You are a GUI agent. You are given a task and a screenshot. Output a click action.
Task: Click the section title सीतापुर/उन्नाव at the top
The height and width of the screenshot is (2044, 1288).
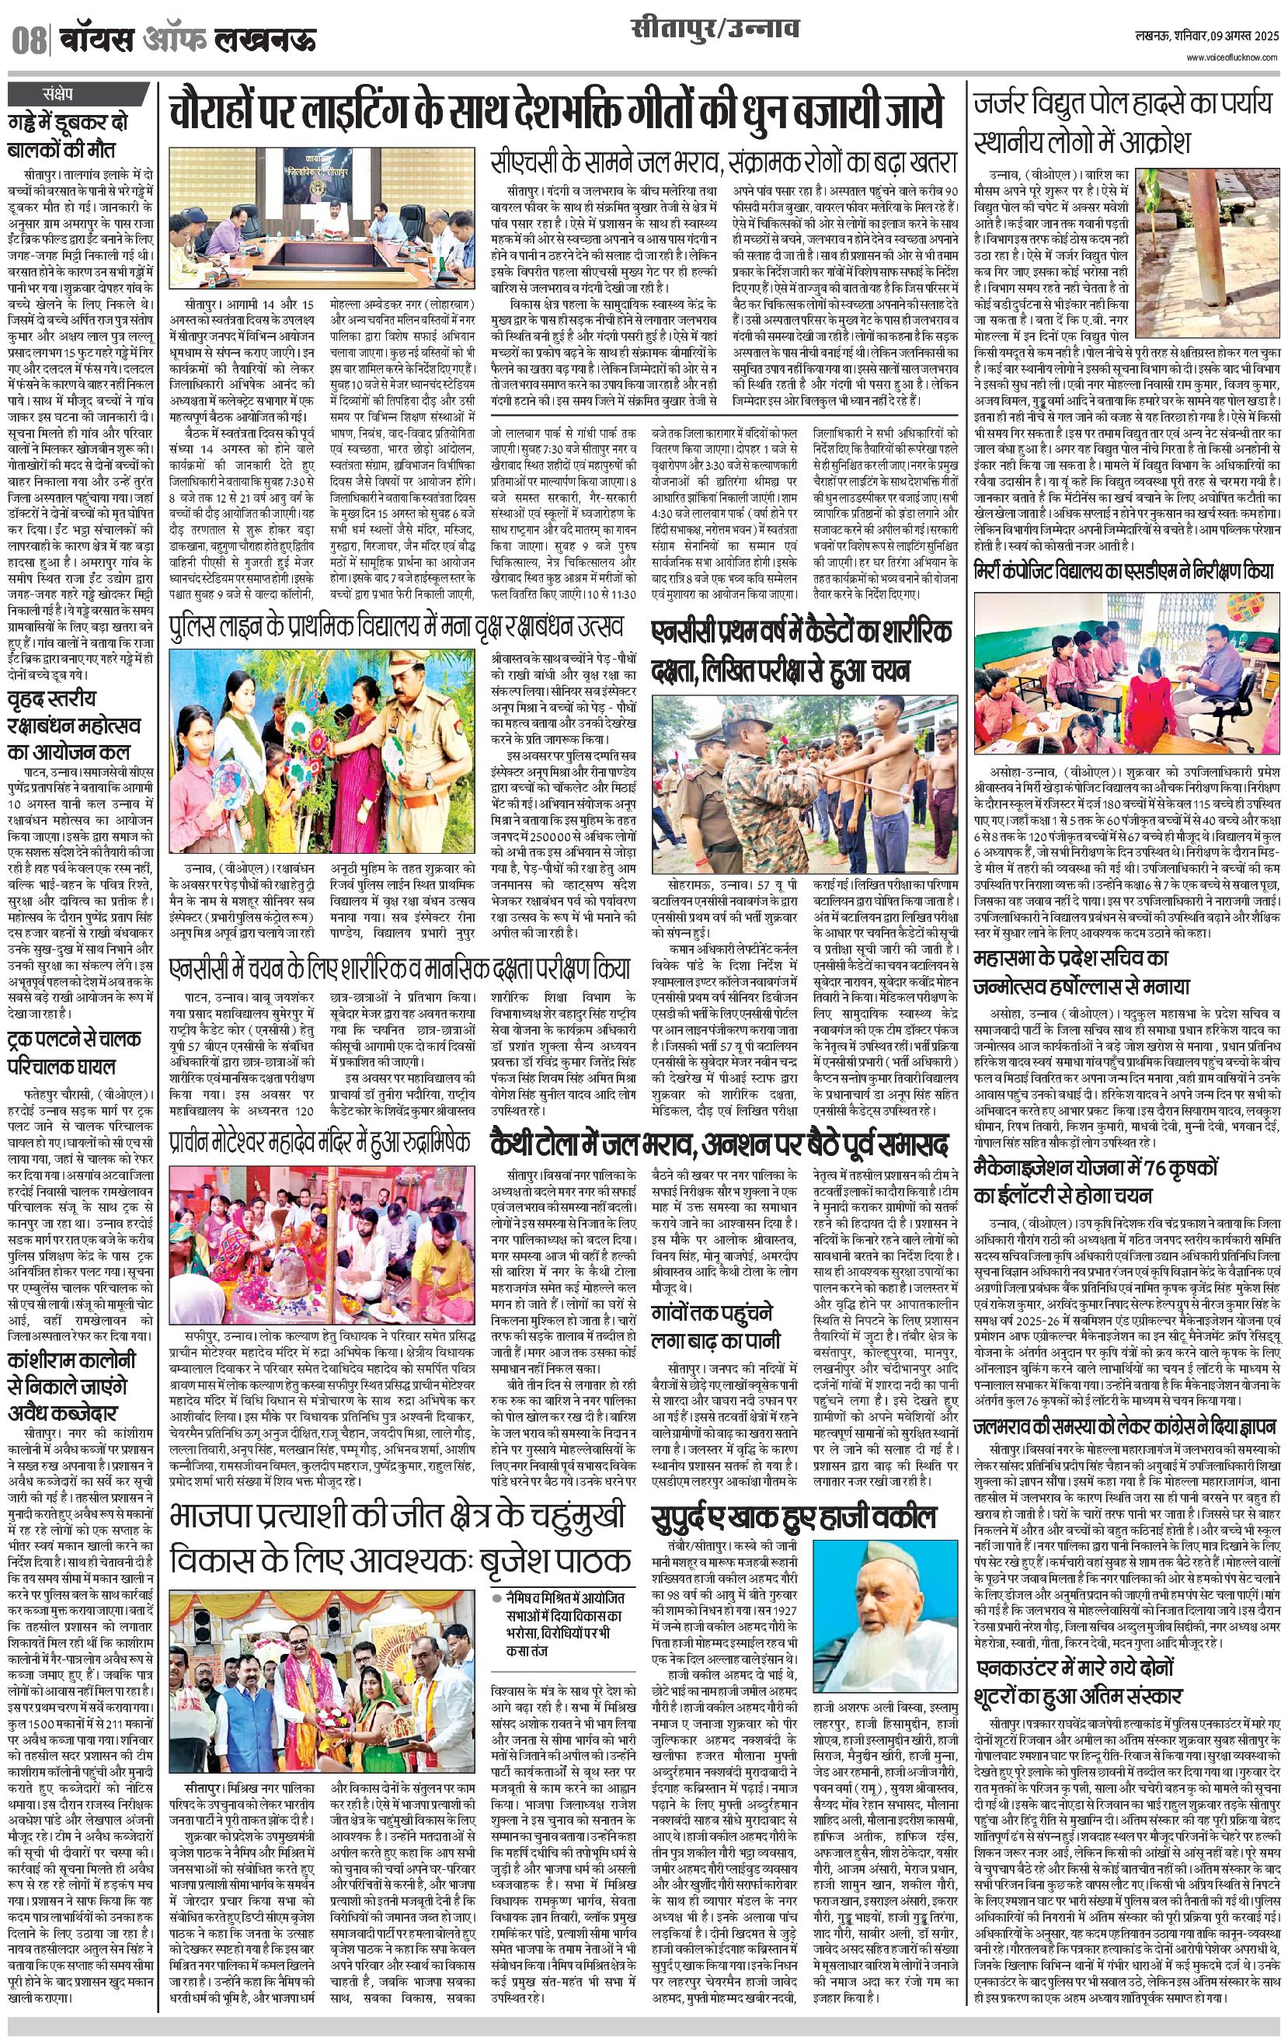[x=715, y=30]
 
